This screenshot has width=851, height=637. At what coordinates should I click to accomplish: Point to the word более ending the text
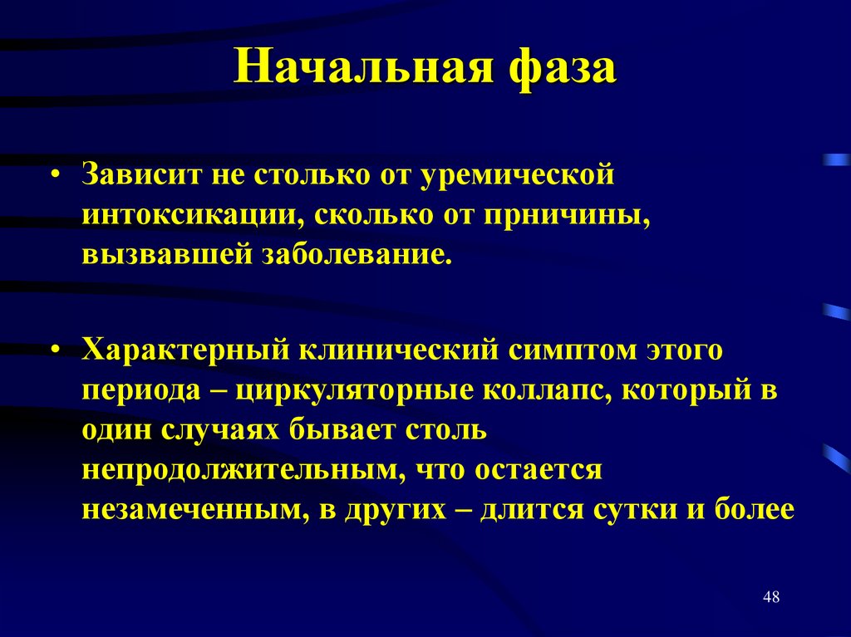click(754, 508)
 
